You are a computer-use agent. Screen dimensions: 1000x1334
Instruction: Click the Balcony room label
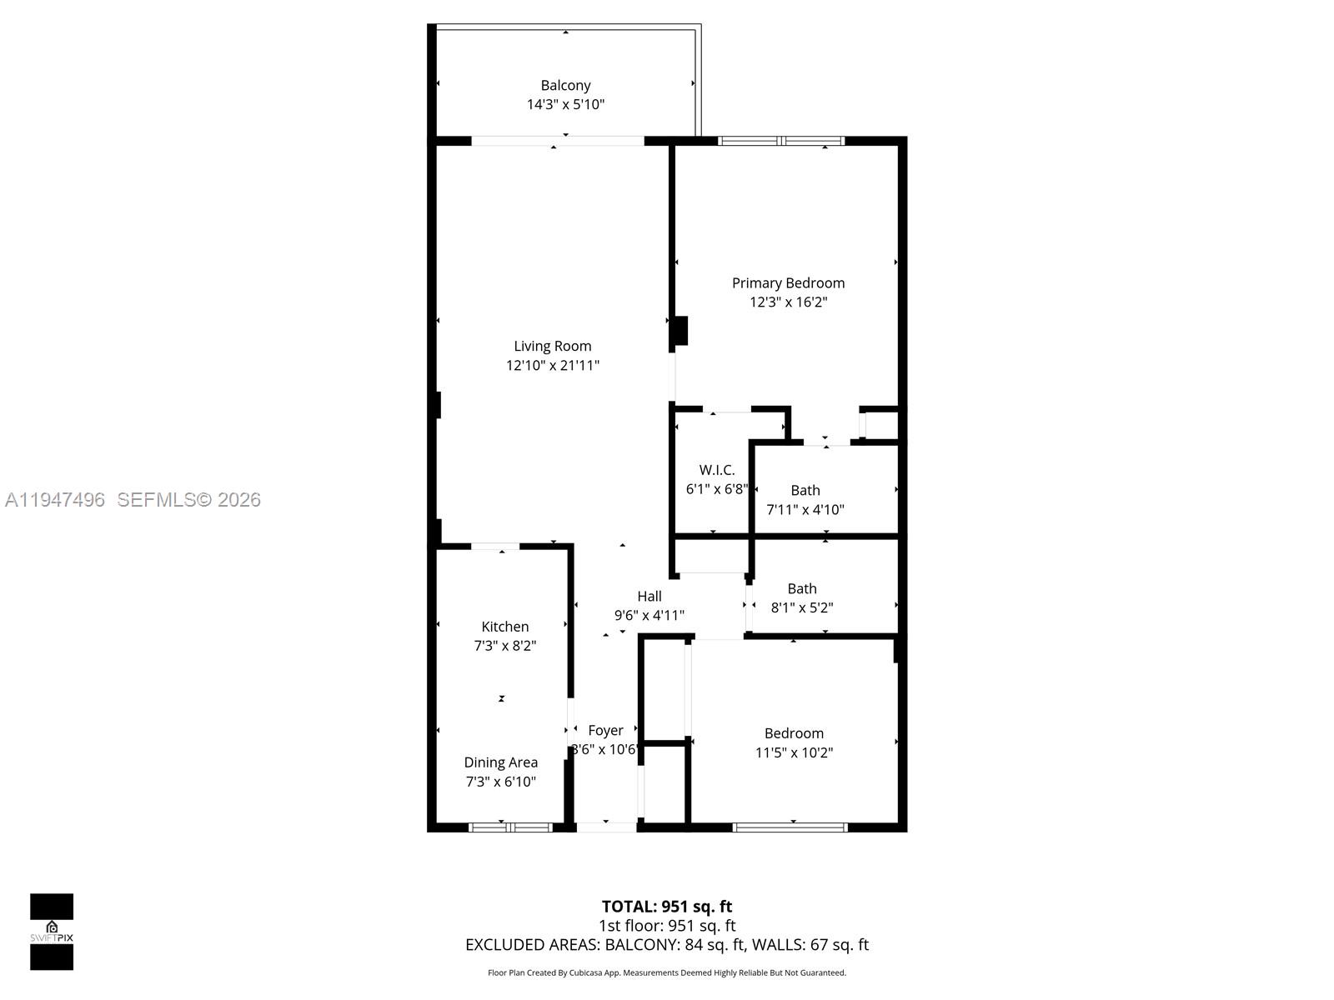565,85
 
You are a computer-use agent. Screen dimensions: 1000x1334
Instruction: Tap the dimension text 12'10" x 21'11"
552,365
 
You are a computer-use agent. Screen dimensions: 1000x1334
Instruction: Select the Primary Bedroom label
788,283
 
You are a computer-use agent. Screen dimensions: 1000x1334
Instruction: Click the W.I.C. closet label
717,470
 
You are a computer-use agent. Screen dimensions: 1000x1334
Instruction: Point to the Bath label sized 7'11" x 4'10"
805,490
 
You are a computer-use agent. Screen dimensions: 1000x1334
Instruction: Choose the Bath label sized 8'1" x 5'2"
802,588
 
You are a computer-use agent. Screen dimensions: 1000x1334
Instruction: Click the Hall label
649,596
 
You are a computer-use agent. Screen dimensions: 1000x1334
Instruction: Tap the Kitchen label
504,627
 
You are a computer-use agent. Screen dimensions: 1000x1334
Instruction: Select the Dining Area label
500,762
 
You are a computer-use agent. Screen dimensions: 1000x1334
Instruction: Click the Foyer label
605,730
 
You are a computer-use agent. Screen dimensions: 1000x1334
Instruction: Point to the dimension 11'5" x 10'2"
794,752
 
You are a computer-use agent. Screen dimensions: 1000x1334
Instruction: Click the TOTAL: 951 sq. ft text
666,907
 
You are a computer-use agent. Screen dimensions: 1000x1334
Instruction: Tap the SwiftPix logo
52,932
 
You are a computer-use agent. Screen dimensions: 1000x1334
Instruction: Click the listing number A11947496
55,500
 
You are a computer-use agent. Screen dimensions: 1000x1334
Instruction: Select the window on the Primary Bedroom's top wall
781,141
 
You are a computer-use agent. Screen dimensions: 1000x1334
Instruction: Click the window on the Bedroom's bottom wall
790,827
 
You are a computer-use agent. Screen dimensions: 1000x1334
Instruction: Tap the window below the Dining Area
510,827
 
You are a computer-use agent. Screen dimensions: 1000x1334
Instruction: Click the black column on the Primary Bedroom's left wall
680,331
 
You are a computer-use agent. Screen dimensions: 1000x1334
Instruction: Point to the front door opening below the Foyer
606,827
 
